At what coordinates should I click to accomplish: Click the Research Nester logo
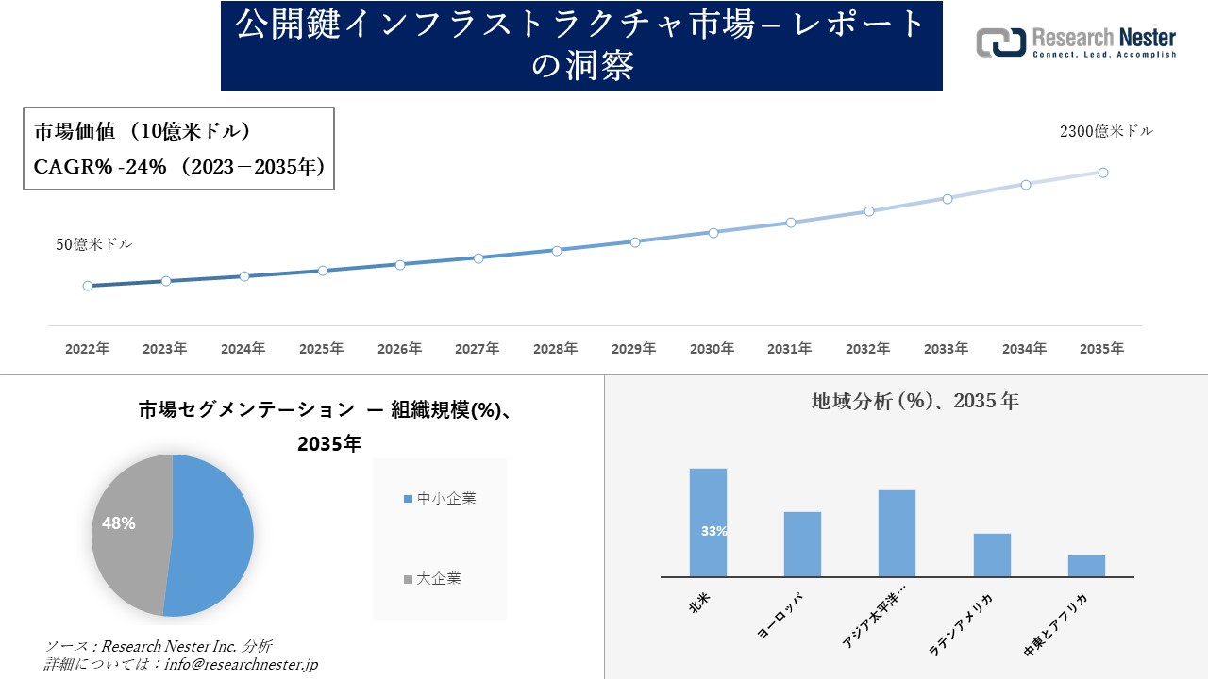(1076, 43)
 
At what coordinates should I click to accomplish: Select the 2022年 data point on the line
(88, 286)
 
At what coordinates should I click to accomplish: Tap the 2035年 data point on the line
(1102, 173)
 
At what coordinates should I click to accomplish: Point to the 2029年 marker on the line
(635, 242)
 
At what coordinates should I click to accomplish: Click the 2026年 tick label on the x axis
(399, 349)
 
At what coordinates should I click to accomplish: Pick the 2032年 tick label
(867, 349)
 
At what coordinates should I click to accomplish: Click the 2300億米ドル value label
(1106, 132)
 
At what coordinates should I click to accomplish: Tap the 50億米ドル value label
(94, 244)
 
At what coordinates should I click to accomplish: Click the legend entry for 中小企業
(440, 498)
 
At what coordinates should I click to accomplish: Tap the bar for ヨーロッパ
(802, 544)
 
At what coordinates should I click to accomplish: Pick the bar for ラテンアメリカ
(992, 555)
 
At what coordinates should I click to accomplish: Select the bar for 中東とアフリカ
(1086, 566)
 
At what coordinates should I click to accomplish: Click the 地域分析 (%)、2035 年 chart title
(914, 401)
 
